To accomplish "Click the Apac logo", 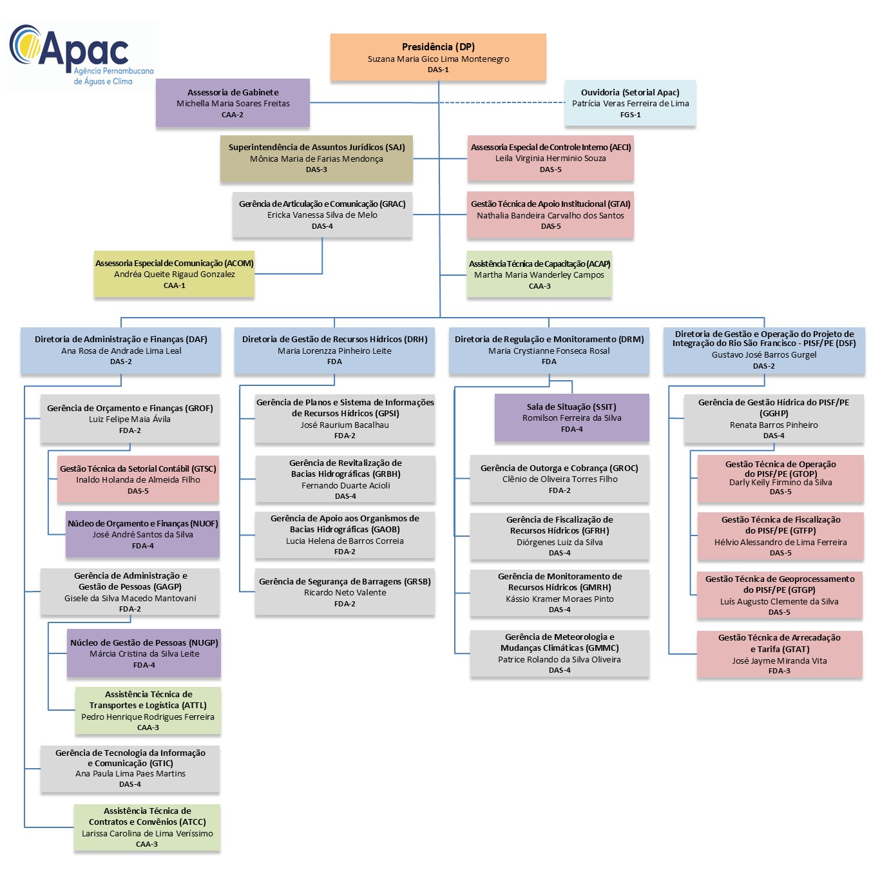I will coord(81,55).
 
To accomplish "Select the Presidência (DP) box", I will coord(438,57).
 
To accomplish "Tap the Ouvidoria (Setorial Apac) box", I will coord(630,103).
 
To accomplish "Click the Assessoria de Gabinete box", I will coord(233,103).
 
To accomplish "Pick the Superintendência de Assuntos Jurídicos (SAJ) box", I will coord(316,159).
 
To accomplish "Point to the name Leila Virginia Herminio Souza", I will coord(551,159).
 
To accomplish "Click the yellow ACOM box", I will coord(174,274).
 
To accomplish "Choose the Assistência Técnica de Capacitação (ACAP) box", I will coord(539,275).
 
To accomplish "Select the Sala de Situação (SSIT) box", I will coord(571,418).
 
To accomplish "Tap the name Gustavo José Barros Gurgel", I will coord(764,355).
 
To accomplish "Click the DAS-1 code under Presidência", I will coord(438,70).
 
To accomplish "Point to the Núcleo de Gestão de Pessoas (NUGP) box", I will coord(144,653).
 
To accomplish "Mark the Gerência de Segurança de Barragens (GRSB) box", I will coord(345,592).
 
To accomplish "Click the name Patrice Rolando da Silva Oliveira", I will coord(559,660).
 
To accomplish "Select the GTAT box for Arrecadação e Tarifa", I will coord(779,654).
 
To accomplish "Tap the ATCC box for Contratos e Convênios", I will coord(147,827).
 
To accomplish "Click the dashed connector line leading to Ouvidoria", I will coord(502,102).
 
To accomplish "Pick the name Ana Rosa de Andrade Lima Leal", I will coord(121,351).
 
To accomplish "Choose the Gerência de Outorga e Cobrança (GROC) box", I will coord(559,479).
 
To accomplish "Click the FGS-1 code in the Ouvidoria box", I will coord(630,115).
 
